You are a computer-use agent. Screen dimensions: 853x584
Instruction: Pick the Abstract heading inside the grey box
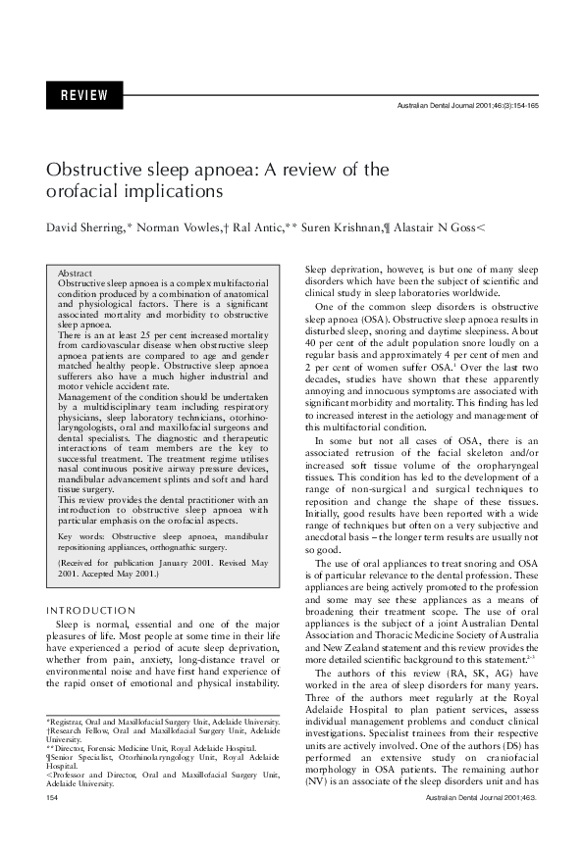tap(76, 274)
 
